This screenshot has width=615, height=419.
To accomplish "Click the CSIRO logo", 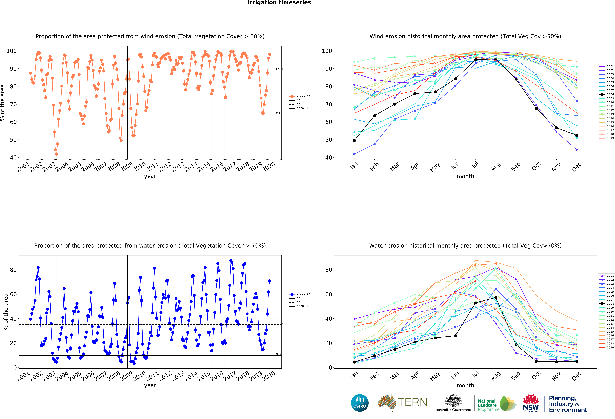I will click(360, 403).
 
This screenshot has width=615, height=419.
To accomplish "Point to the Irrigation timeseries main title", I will click(279, 3).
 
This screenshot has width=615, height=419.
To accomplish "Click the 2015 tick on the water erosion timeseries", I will click(204, 376).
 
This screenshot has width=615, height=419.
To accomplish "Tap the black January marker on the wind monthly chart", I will click(354, 140).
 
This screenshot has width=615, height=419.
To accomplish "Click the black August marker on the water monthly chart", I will click(496, 298).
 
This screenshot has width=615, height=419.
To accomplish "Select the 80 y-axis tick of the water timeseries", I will click(13, 270).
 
